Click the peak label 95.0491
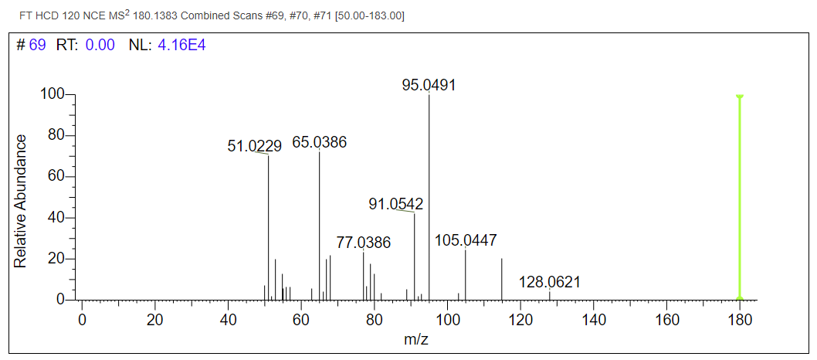[429, 85]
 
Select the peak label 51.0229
[254, 146]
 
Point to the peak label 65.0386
[319, 142]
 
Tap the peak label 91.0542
[395, 204]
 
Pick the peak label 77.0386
[363, 243]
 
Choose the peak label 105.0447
[466, 240]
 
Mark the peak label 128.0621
[549, 282]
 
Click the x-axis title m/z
[417, 340]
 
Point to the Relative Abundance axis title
[21, 201]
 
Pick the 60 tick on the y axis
[58, 177]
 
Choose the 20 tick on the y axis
[58, 259]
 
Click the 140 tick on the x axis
[594, 319]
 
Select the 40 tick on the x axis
[228, 319]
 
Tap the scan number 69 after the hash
[38, 46]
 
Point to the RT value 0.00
[100, 46]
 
